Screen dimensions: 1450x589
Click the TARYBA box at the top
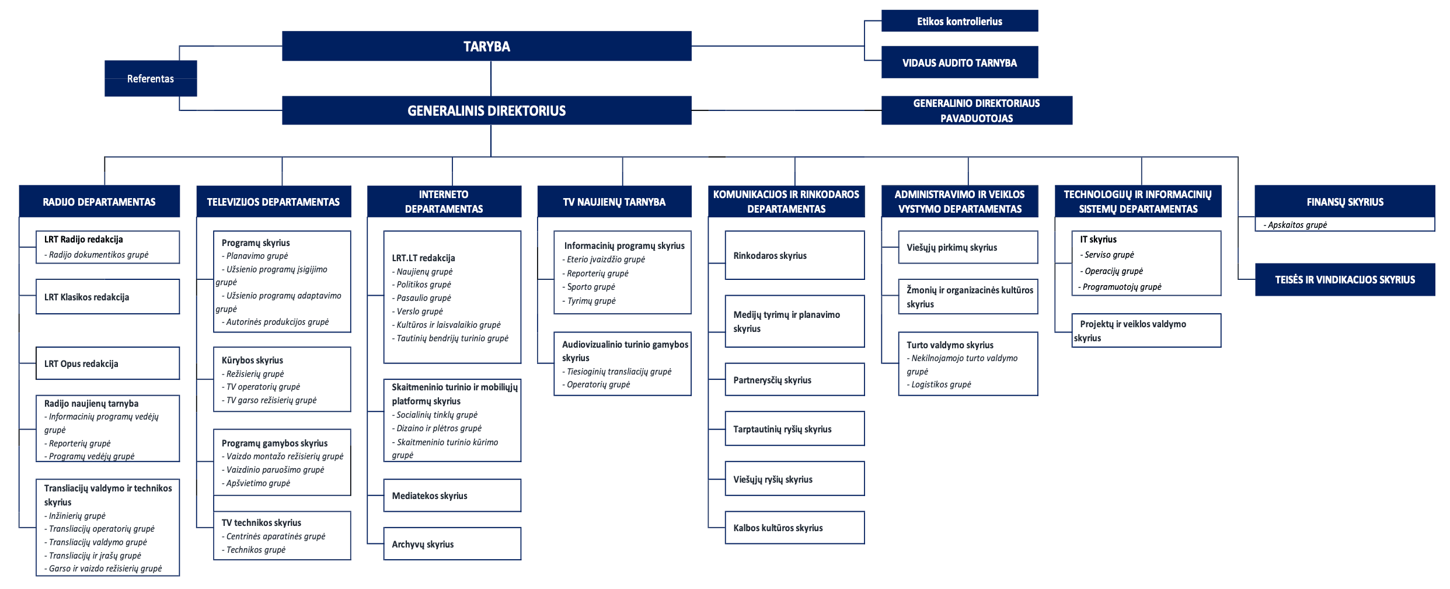[x=486, y=46]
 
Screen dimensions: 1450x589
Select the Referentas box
[x=151, y=78]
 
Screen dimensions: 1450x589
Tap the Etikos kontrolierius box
[x=960, y=21]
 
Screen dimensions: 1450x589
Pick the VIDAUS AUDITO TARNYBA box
[x=960, y=62]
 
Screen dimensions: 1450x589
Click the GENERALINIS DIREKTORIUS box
[x=486, y=110]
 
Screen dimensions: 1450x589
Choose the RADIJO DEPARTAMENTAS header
[x=99, y=202]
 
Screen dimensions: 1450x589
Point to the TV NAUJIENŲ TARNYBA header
[x=614, y=202]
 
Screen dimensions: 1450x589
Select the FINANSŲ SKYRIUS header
[x=1345, y=202]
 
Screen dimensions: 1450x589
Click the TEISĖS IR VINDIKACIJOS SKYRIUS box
[x=1345, y=279]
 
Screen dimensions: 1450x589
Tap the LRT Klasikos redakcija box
[x=107, y=297]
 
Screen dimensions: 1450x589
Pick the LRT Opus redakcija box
[x=107, y=363]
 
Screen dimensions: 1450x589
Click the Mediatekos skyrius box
[x=452, y=496]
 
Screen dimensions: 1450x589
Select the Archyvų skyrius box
[x=452, y=544]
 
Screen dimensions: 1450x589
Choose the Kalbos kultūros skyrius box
[x=794, y=528]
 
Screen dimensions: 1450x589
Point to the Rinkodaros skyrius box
[x=794, y=255]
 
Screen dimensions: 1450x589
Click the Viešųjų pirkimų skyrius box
[x=968, y=247]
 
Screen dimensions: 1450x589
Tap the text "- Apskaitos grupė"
[x=1295, y=225]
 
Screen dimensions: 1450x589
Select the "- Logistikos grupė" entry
[x=939, y=384]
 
